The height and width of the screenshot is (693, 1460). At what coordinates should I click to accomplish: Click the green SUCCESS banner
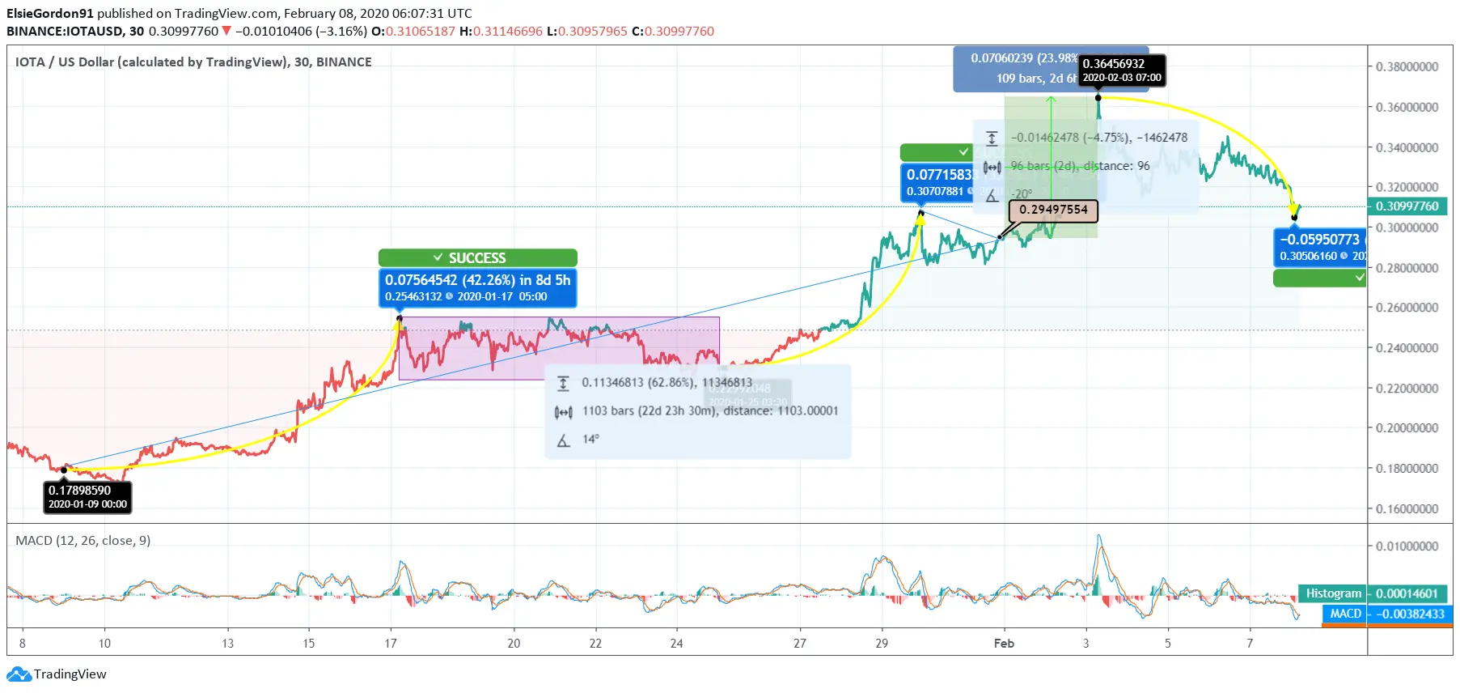(477, 257)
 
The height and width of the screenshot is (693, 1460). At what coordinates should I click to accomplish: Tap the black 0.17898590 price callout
(87, 496)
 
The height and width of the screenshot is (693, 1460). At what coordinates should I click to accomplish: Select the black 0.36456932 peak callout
(1122, 70)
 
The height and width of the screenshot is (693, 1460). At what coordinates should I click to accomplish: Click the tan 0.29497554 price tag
(1053, 210)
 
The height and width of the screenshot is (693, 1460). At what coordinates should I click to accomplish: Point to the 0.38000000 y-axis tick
(1407, 66)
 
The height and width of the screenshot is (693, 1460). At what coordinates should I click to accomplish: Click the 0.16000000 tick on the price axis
(1407, 508)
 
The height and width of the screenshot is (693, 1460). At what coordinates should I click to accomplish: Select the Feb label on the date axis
(1004, 644)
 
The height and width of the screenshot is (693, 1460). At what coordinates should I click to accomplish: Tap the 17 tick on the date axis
(391, 644)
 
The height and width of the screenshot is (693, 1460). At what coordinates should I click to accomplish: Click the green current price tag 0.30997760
(1407, 206)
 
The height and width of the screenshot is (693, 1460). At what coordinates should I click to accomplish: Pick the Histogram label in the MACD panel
(1333, 593)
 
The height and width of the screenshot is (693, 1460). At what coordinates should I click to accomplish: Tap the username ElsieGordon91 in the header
(50, 13)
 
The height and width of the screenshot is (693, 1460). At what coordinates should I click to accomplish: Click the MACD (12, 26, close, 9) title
(83, 540)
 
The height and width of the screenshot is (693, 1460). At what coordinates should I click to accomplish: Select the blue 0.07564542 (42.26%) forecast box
(477, 287)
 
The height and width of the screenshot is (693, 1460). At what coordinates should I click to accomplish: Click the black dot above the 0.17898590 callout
(65, 470)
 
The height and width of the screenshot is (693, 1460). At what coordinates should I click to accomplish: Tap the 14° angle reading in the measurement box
(590, 439)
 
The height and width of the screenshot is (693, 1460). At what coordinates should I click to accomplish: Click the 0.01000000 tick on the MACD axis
(1407, 546)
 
